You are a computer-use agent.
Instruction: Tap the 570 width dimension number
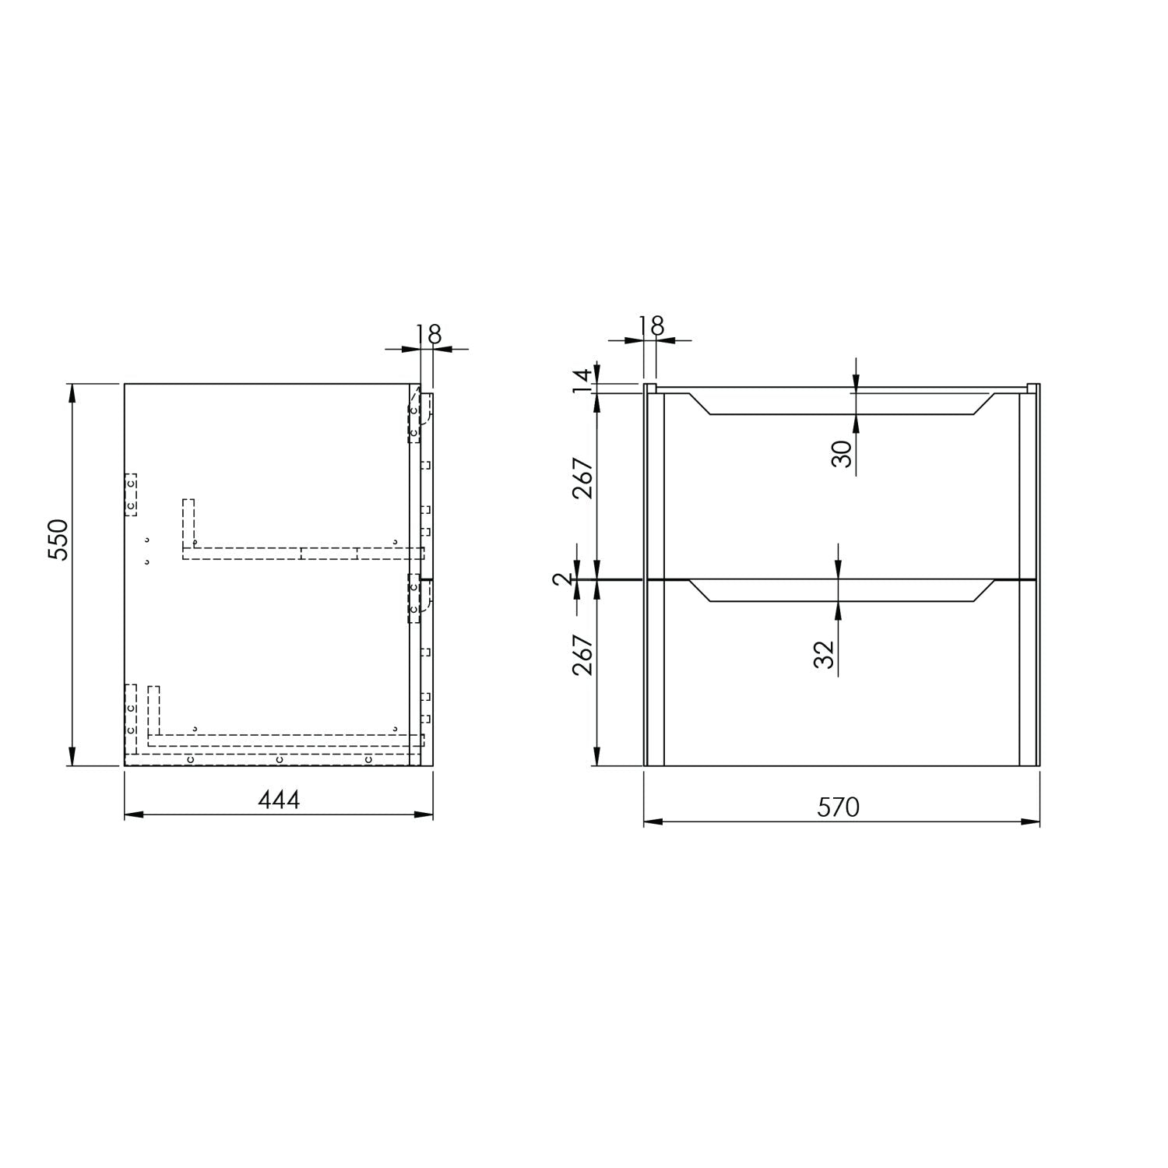[x=839, y=807]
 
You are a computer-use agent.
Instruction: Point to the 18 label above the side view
[x=429, y=334]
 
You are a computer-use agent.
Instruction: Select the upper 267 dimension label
[x=583, y=478]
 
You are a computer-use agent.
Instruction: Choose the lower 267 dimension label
[x=583, y=655]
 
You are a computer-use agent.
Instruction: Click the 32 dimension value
[x=825, y=654]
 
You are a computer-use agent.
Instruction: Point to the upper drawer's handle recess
[x=841, y=404]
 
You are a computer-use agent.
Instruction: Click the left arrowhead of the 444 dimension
[x=132, y=814]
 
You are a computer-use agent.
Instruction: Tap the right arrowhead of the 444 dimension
[x=425, y=814]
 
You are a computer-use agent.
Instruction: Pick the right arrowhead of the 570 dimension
[x=1033, y=821]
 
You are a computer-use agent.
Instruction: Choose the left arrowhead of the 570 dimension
[x=652, y=821]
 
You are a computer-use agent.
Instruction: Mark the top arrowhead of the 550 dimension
[x=72, y=392]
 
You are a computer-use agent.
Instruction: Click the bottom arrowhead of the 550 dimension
[x=72, y=757]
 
